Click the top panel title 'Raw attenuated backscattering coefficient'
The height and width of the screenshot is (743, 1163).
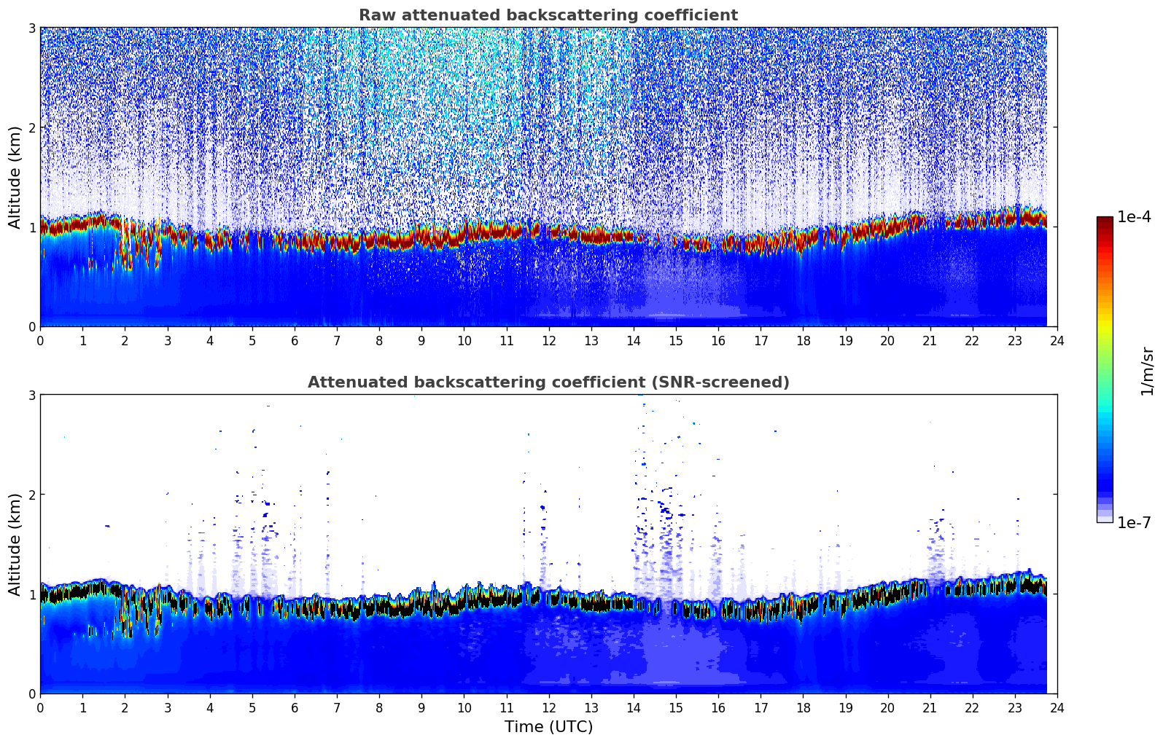(548, 15)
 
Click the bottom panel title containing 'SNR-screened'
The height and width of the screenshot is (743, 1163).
(548, 382)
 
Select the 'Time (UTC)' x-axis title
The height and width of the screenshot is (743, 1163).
(548, 727)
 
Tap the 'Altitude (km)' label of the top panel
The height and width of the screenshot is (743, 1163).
(15, 177)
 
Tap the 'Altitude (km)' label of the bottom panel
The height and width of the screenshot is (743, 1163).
(15, 544)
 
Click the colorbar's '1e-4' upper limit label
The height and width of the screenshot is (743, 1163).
(1134, 217)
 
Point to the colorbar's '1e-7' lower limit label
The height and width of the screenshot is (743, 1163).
(1134, 522)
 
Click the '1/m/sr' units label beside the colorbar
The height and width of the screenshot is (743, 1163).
(1147, 371)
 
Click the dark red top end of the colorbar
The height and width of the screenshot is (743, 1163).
(1105, 221)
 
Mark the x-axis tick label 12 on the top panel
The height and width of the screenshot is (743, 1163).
(548, 341)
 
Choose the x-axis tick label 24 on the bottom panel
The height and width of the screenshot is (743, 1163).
(1057, 708)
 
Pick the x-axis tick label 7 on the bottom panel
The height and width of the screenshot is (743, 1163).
(337, 708)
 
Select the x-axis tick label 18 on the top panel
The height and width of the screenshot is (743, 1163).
(803, 341)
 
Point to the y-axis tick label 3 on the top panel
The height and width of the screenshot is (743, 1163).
(31, 28)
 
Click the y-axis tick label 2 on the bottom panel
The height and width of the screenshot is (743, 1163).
(31, 495)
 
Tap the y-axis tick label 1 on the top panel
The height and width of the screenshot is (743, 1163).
(31, 227)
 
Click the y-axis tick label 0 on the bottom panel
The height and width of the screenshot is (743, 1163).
(31, 694)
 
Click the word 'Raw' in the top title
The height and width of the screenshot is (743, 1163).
(373, 15)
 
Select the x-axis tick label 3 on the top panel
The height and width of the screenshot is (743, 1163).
(167, 341)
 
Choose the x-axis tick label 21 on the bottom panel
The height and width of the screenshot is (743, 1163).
(930, 708)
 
